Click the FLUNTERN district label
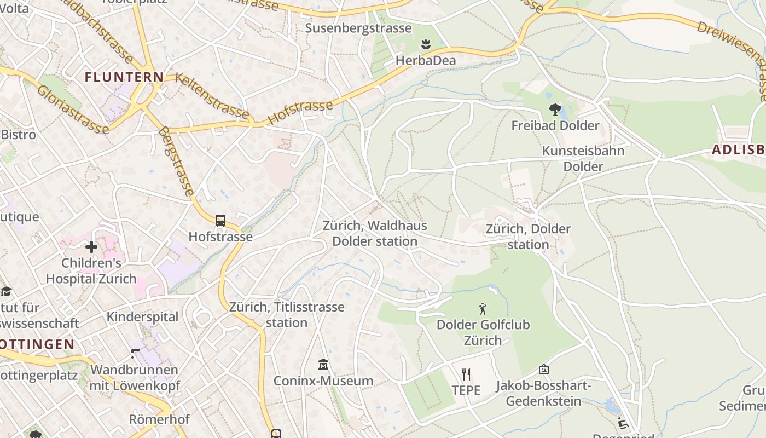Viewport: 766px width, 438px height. (124, 77)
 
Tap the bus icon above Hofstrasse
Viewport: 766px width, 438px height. (220, 221)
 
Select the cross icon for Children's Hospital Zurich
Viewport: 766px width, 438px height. (91, 247)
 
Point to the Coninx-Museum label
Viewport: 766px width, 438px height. (323, 381)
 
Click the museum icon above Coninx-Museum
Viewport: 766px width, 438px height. (323, 364)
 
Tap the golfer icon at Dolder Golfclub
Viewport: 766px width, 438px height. (483, 309)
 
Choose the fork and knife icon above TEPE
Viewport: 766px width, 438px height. (466, 374)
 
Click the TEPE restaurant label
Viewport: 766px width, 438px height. (466, 390)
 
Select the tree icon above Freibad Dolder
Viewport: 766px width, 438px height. (555, 109)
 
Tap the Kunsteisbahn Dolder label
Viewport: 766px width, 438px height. (583, 158)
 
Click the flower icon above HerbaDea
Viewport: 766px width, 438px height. (426, 44)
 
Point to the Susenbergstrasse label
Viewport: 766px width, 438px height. (358, 28)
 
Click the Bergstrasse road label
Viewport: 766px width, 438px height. (176, 161)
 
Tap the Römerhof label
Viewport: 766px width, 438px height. (159, 419)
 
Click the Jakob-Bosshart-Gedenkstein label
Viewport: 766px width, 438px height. (543, 394)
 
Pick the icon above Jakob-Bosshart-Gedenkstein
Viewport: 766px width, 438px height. (543, 370)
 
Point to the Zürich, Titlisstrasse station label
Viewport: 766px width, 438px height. (287, 314)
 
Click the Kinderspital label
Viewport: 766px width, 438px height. (142, 316)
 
